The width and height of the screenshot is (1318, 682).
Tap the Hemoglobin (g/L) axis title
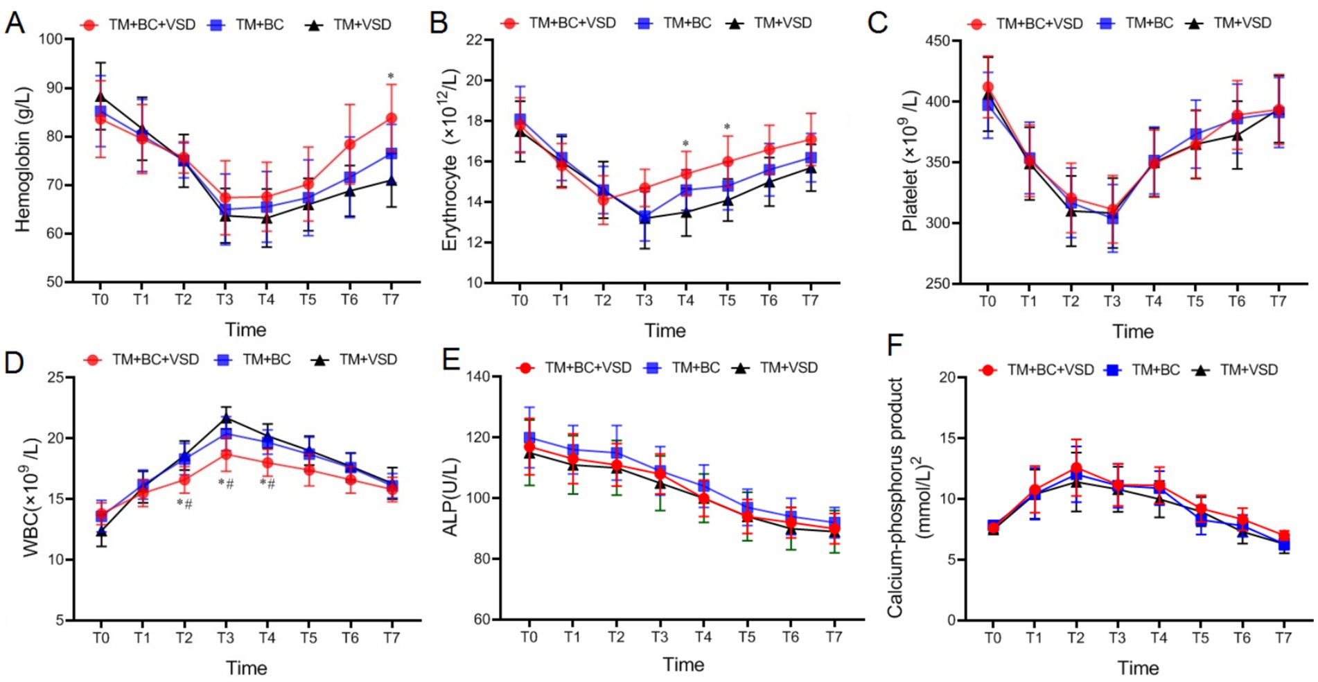coord(23,159)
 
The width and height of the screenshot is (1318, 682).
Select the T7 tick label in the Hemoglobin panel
coord(391,299)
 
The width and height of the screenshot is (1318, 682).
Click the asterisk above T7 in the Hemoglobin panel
coord(391,77)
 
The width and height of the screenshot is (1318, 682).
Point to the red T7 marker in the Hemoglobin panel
coord(392,119)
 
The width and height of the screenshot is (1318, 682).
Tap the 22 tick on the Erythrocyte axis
coord(474,40)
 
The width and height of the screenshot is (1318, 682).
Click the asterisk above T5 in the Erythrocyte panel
coord(727,128)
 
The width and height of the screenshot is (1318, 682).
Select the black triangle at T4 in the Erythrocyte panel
coord(685,212)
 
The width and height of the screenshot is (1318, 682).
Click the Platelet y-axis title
coord(910,161)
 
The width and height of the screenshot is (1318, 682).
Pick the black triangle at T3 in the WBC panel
coord(226,418)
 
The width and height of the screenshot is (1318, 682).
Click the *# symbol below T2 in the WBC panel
coord(184,504)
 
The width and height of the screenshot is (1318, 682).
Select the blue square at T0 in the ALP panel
coord(529,438)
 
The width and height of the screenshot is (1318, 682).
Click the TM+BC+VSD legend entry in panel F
coord(1037,370)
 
